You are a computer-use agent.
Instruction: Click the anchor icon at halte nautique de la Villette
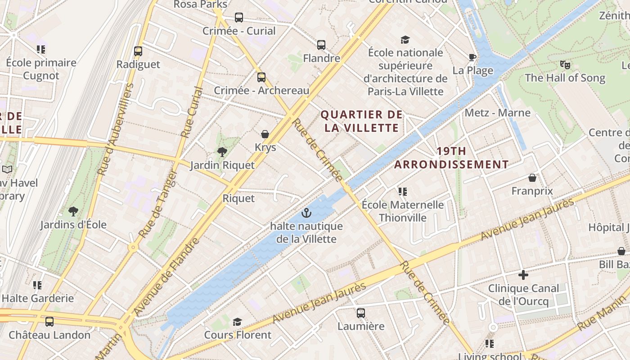306,212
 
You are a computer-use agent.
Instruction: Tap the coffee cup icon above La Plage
472,57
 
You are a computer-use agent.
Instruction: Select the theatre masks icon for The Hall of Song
565,65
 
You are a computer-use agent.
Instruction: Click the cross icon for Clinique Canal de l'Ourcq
523,274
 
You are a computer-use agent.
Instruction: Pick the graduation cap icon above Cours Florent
237,322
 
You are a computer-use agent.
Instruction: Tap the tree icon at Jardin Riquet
222,152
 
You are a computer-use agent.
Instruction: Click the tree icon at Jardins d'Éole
73,211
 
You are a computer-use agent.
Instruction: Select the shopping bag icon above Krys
265,134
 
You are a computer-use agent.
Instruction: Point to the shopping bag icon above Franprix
532,178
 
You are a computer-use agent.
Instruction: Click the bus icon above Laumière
360,313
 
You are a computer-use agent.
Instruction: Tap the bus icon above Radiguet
138,51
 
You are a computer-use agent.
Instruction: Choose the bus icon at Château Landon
49,322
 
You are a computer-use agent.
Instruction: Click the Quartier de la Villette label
362,121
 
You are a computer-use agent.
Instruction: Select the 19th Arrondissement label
451,157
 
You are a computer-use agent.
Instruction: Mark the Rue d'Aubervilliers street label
116,129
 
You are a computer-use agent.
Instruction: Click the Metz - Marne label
498,112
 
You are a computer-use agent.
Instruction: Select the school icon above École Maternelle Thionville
402,192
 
